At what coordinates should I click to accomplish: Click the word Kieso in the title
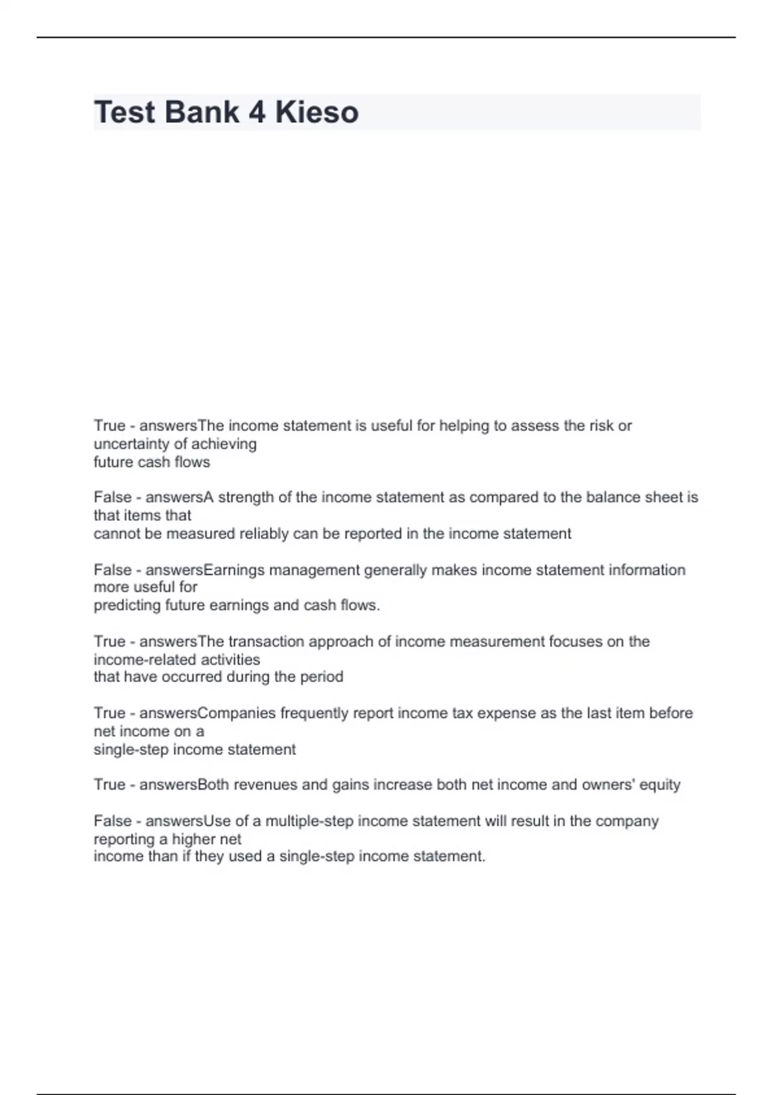316,112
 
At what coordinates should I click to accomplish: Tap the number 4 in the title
256,112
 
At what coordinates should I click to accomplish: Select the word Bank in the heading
202,112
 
